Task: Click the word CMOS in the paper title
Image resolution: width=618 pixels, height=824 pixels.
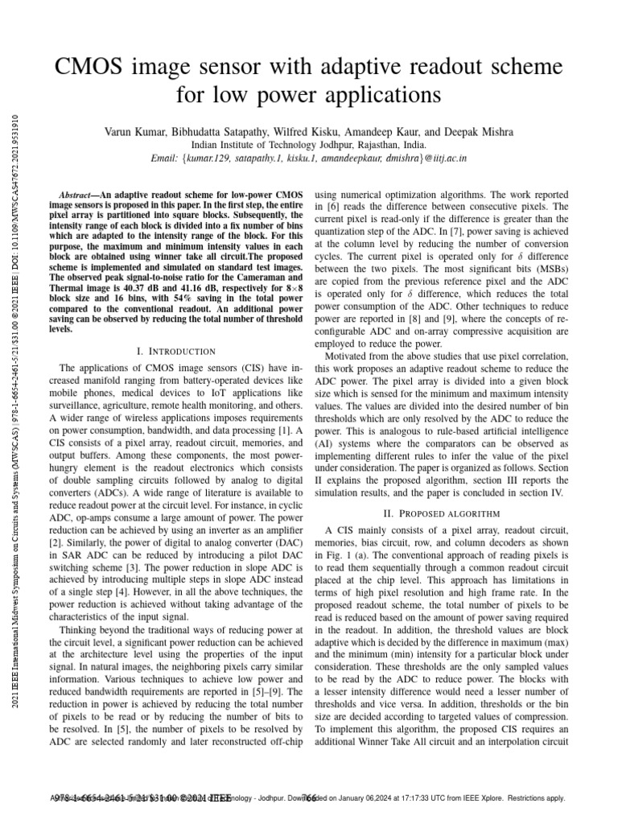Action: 96,67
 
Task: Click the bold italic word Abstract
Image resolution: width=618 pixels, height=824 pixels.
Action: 79,196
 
